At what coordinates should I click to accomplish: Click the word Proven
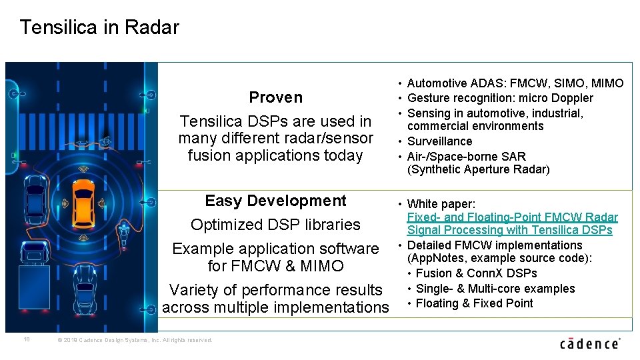(275, 97)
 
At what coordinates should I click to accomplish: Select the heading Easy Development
(275, 201)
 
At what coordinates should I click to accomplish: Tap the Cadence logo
(589, 343)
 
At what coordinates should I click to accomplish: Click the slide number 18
(27, 339)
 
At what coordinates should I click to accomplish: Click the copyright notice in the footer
(135, 340)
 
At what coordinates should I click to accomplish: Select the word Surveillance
(439, 141)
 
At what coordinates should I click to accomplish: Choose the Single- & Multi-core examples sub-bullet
(495, 289)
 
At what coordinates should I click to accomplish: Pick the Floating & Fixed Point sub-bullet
(474, 303)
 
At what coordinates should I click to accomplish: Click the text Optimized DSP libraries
(275, 225)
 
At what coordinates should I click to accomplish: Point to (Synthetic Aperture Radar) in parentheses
(478, 169)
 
